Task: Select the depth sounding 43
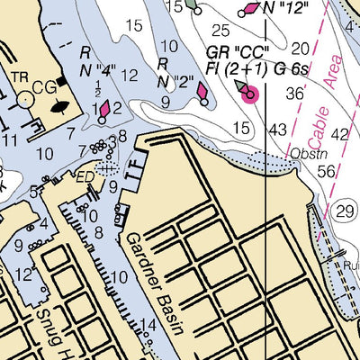pyautogui.click(x=279, y=130)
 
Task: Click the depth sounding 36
pyautogui.click(x=294, y=93)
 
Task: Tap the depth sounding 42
pyautogui.click(x=339, y=134)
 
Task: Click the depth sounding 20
pyautogui.click(x=301, y=49)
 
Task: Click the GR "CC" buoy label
pyautogui.click(x=236, y=51)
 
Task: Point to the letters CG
pyautogui.click(x=42, y=87)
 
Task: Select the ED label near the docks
pyautogui.click(x=84, y=176)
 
